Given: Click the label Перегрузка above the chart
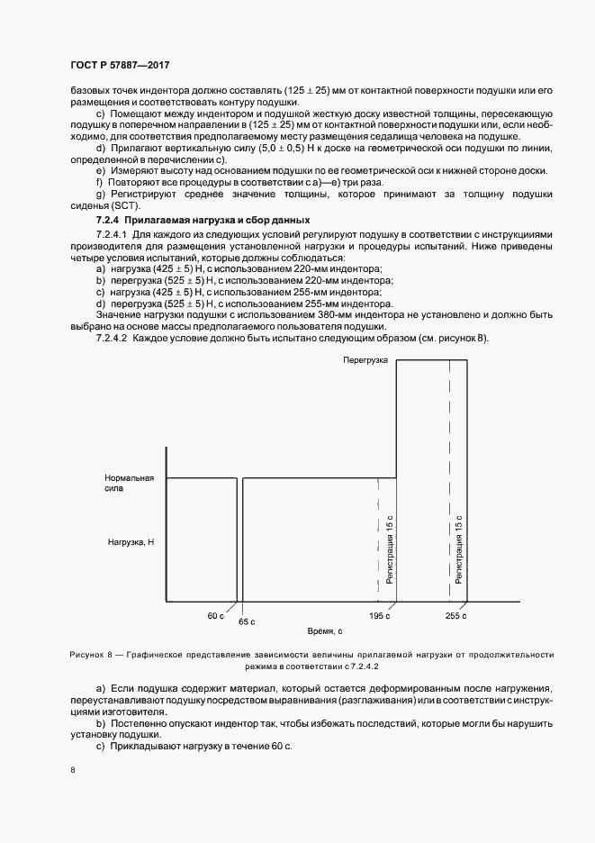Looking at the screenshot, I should [365, 359].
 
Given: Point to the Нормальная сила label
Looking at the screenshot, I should [130, 484].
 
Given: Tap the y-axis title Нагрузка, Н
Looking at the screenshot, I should [131, 542].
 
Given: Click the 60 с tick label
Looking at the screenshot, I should [215, 615].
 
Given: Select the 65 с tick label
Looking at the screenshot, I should [247, 621].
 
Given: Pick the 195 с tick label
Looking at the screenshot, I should [379, 615].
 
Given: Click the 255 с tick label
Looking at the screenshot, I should [455, 615].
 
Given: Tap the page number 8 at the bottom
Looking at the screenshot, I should [71, 770].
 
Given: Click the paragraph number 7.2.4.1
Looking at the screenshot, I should [113, 234].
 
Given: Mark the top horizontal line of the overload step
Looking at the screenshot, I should [432, 359].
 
